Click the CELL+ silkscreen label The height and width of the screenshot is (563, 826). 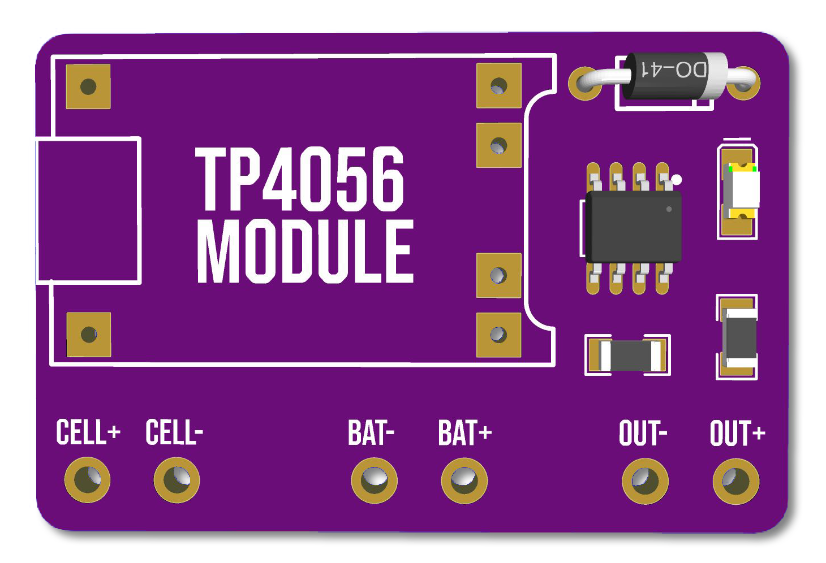tap(88, 432)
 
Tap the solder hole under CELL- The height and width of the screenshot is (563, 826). tap(177, 480)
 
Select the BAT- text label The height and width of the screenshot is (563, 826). tap(371, 432)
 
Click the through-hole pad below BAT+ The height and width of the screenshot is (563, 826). tap(464, 480)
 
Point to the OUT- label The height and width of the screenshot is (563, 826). tap(643, 432)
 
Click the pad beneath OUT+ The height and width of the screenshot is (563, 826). tap(736, 481)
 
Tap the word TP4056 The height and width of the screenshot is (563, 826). tap(299, 179)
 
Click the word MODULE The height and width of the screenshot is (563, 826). tap(306, 252)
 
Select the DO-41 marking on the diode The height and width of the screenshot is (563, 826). tap(674, 69)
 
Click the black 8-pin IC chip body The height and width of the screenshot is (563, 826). tap(634, 227)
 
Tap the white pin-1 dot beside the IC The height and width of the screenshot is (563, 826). tap(676, 180)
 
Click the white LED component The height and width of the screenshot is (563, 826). tap(742, 191)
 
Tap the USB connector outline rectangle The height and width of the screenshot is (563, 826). tap(88, 211)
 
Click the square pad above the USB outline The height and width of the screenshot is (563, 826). tap(88, 86)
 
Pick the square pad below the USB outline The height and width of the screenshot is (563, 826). tap(88, 335)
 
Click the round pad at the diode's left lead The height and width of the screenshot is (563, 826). tap(585, 83)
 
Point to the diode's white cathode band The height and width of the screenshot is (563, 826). tap(717, 76)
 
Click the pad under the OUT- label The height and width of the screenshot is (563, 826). tap(645, 481)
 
